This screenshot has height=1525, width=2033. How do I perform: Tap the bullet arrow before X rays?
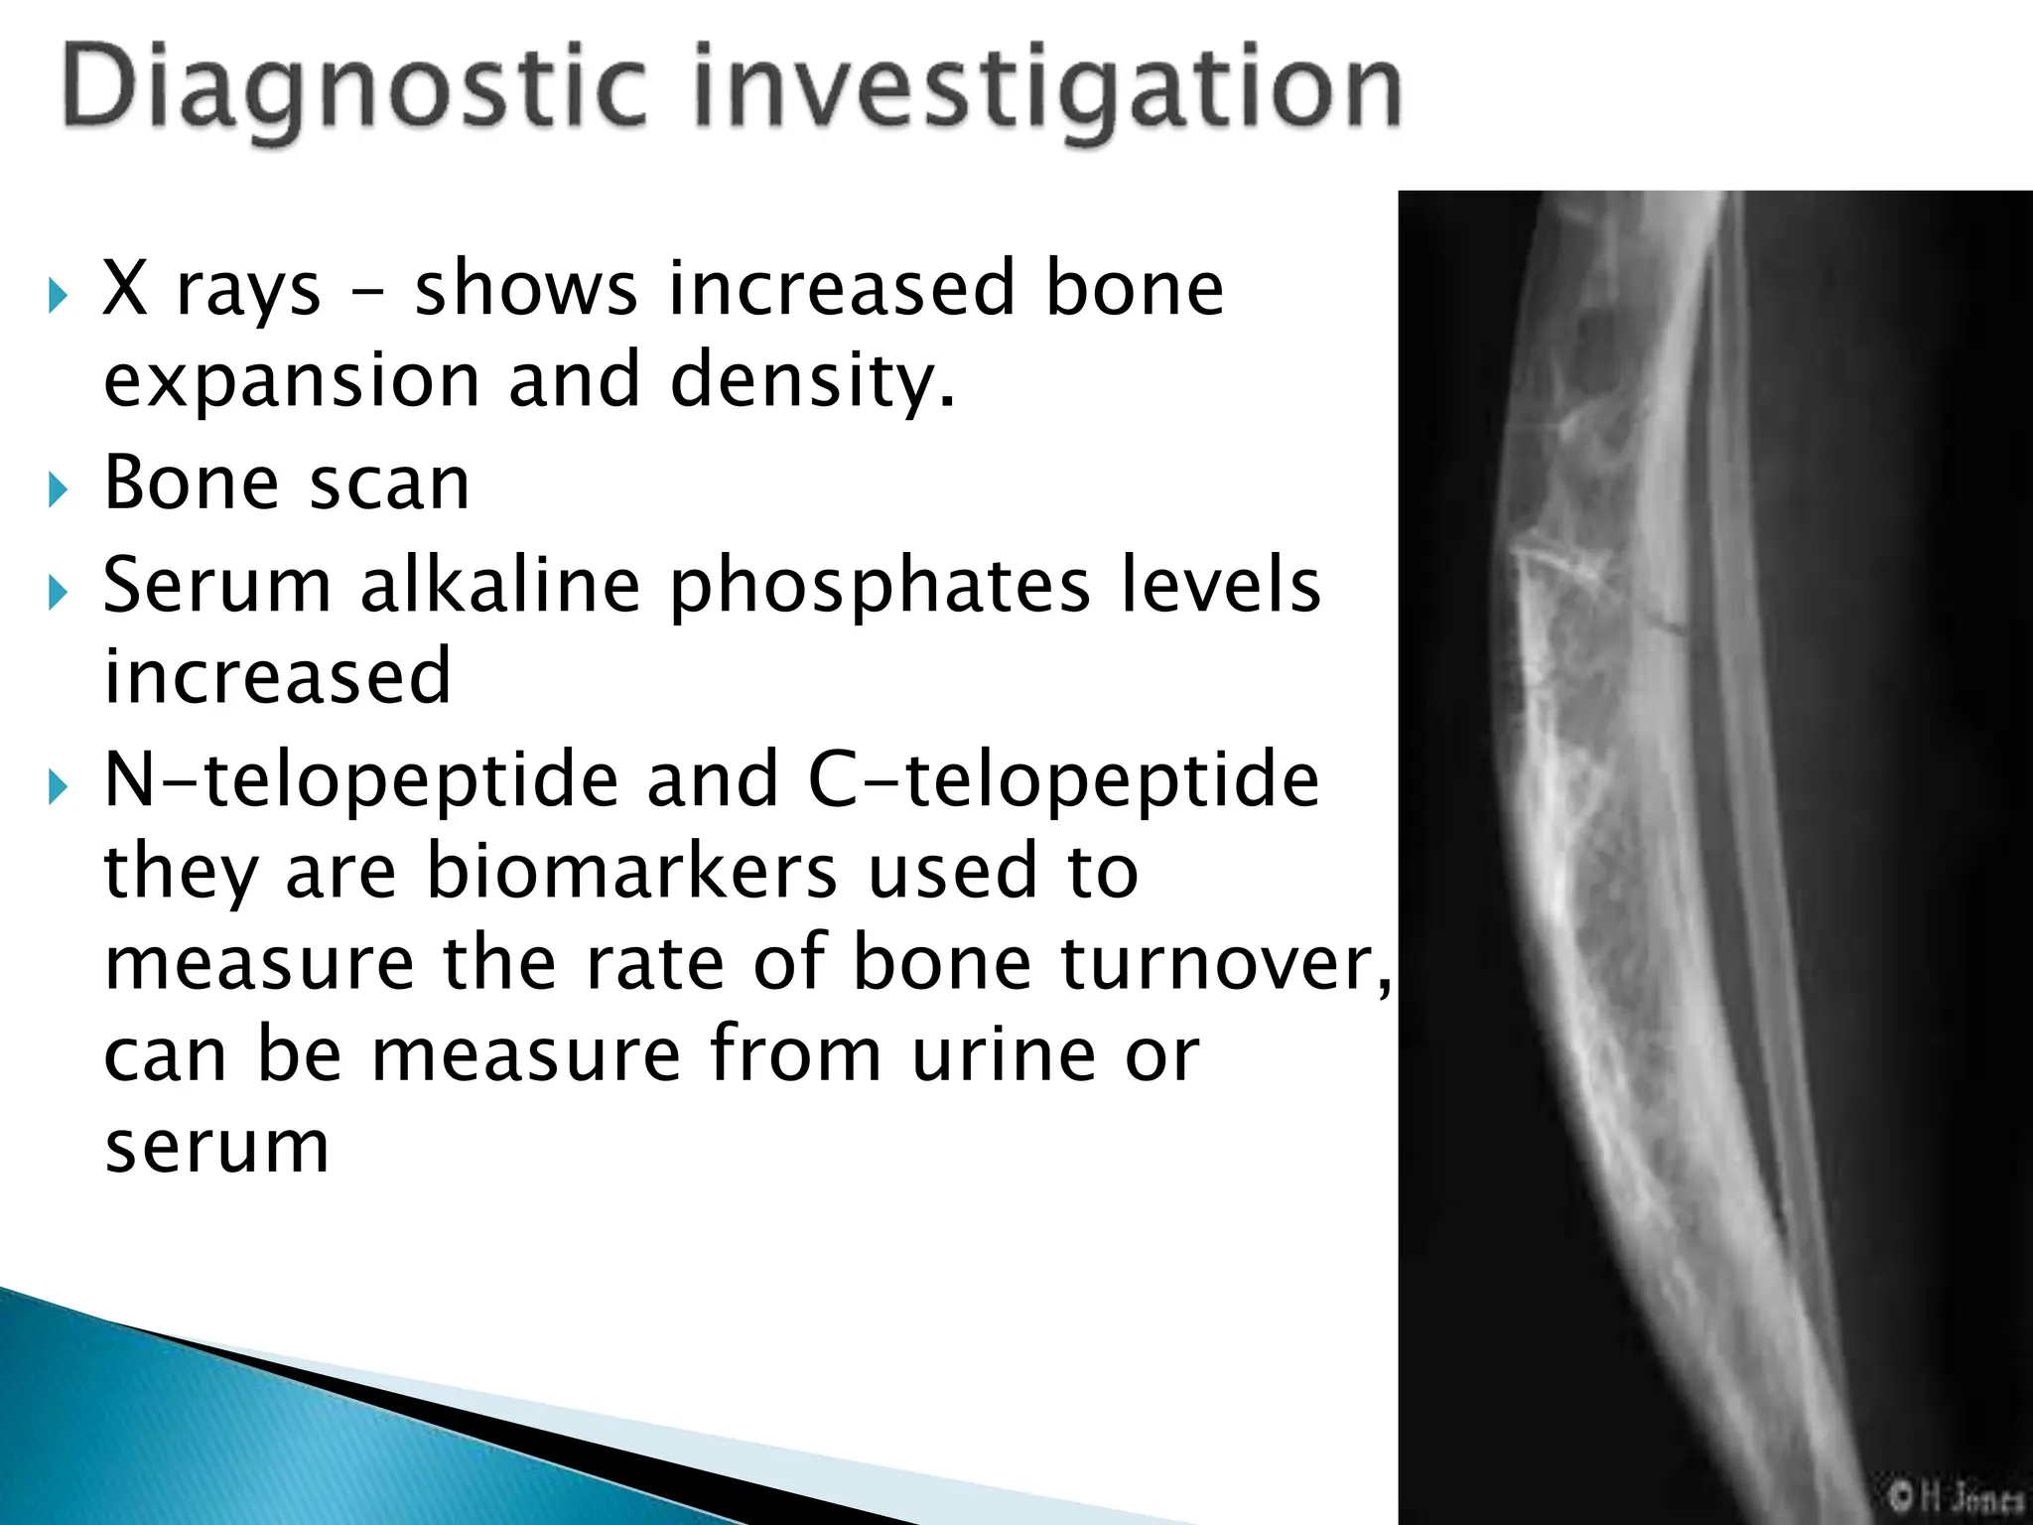[x=58, y=296]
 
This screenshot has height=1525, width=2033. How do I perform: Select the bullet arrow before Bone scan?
[x=58, y=489]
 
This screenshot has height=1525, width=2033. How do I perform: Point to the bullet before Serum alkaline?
[x=58, y=593]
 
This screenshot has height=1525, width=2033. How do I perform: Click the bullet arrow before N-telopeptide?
[x=58, y=787]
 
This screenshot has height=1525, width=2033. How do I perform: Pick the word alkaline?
[x=499, y=586]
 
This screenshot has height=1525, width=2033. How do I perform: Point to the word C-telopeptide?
[x=1063, y=780]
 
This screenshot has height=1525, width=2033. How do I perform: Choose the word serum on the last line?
[x=215, y=1148]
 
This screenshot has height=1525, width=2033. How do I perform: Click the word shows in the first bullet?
[x=525, y=289]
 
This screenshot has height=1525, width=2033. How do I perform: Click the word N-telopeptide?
[x=361, y=780]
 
